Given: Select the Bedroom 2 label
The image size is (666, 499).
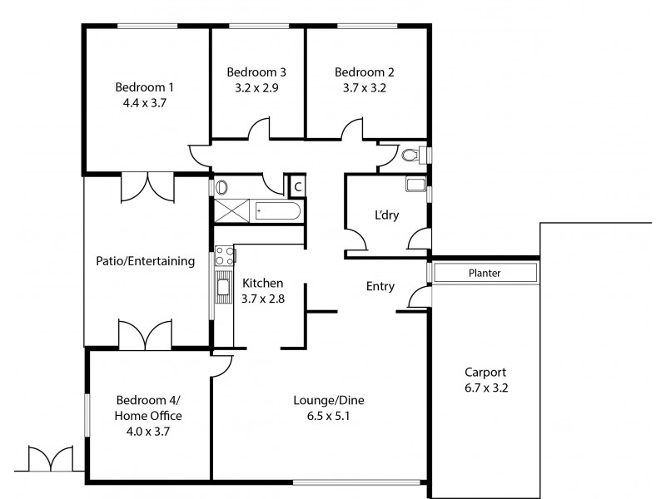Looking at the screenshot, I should [x=360, y=72].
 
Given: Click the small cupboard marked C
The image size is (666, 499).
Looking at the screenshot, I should [x=296, y=186].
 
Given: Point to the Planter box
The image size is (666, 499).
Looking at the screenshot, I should [x=484, y=273].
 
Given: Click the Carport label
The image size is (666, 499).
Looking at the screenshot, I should [x=486, y=373].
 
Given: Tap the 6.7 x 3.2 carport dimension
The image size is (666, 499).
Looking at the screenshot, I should [x=486, y=388].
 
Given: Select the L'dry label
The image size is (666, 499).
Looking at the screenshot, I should [x=386, y=215].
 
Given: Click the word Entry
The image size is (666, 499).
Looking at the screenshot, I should [x=380, y=286].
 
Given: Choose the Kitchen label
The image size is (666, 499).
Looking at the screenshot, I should [x=262, y=283].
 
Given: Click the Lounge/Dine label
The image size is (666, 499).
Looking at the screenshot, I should [x=329, y=400].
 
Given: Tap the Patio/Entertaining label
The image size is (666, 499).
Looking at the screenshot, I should [x=146, y=261].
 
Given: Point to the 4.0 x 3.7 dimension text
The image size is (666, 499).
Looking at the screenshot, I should [x=149, y=431].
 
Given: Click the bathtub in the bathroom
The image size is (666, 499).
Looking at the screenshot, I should [x=277, y=211].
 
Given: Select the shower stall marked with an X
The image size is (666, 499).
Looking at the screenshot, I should [x=232, y=211].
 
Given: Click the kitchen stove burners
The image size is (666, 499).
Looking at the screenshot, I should [x=223, y=256].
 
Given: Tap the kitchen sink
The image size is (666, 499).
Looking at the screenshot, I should [x=223, y=288].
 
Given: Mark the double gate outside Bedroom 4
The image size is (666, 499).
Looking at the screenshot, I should [x=52, y=459].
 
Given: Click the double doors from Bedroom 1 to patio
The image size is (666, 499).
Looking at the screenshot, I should [x=148, y=187].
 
